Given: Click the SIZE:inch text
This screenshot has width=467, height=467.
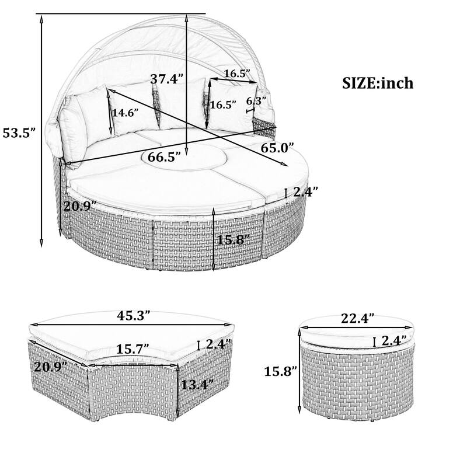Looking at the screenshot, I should tap(377, 83).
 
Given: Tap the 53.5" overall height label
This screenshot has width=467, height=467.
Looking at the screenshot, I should tap(19, 133).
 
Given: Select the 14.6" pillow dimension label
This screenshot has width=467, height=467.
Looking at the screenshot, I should tap(126, 113).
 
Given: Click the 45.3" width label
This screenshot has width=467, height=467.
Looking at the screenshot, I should tap(130, 316).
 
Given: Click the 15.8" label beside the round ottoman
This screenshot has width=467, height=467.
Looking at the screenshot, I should tap(280, 371).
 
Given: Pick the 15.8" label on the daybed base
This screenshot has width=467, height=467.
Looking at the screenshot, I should tap(233, 239).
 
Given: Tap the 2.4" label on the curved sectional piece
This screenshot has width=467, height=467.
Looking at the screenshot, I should tap(219, 344).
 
